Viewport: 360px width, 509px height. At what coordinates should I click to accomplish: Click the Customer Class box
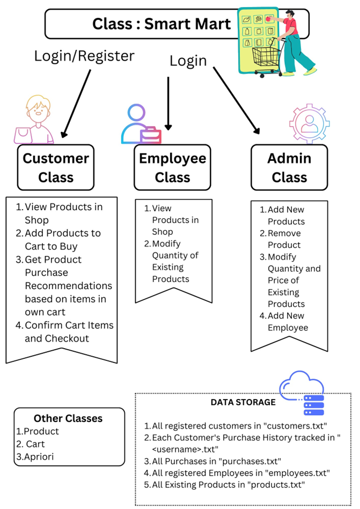[56, 167]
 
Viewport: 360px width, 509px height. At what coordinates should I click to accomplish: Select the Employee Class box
[172, 167]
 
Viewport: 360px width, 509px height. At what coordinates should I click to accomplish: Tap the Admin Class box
[289, 167]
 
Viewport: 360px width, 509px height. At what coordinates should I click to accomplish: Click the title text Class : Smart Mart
[161, 24]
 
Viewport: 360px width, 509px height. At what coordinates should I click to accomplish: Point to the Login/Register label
[84, 55]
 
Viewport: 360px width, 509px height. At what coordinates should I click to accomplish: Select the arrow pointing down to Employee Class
[168, 103]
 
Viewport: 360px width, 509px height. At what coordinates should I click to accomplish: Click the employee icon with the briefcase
[141, 124]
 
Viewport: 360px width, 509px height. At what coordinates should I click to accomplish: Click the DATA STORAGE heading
[243, 402]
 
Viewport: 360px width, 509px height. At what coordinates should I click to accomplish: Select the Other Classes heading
[68, 418]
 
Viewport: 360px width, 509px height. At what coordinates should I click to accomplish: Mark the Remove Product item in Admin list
[284, 239]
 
